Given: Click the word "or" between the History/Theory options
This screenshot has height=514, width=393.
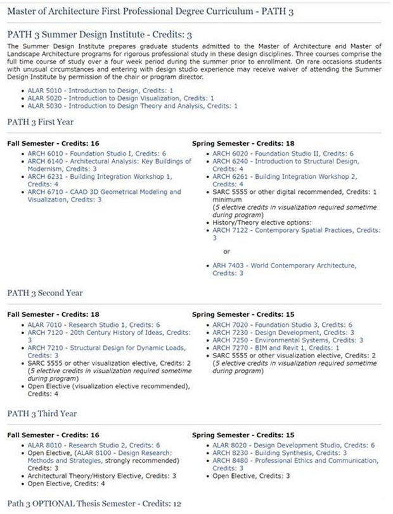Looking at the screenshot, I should pos(227,251).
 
